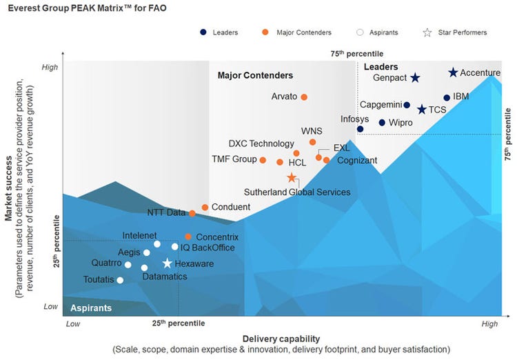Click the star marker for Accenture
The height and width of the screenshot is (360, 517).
tap(453, 72)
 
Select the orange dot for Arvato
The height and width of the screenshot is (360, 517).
tap(304, 97)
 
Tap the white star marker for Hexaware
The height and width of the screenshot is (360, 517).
tap(167, 263)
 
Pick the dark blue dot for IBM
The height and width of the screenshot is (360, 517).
tap(447, 98)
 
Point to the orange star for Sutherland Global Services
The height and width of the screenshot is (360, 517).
tap(292, 178)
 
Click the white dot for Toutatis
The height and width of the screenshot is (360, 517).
tap(121, 280)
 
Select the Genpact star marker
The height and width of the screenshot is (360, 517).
tap(416, 78)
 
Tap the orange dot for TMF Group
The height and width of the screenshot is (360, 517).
tap(263, 160)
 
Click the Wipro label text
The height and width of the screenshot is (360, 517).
tap(401, 123)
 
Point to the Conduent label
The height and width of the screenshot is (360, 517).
tap(231, 207)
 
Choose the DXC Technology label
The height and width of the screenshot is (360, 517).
tap(261, 143)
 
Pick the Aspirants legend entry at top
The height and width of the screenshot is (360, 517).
tap(382, 32)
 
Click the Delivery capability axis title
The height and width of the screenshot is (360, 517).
tap(281, 338)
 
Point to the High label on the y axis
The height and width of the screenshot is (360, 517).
tap(50, 68)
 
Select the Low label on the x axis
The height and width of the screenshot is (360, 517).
tap(72, 323)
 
